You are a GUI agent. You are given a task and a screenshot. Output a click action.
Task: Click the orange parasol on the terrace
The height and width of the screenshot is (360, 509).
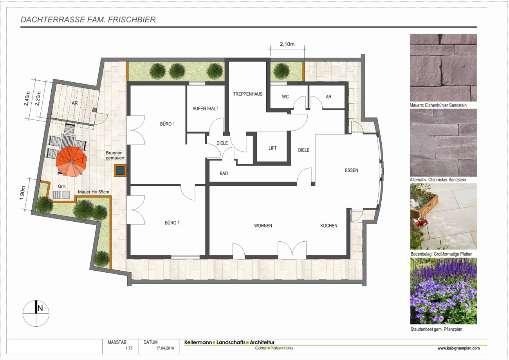tap(72, 162)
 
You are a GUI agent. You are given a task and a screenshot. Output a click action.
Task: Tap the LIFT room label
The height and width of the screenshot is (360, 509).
tap(273, 148)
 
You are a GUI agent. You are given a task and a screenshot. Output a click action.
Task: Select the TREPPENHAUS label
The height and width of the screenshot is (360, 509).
tap(248, 94)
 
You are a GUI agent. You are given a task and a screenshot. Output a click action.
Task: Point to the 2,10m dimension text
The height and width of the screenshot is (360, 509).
tap(287, 44)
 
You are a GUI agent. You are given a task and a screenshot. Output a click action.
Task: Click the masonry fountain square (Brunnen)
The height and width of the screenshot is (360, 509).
tap(120, 170)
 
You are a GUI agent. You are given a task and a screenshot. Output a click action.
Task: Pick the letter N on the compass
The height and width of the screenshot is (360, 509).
tap(40, 308)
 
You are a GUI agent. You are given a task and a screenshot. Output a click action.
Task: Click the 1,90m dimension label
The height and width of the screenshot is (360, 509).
tap(22, 193)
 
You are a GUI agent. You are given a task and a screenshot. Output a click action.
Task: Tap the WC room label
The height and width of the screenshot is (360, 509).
tap(285, 97)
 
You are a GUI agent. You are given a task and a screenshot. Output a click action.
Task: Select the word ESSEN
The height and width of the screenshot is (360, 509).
tap(351, 170)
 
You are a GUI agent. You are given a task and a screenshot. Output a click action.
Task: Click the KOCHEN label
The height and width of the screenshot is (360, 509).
tap(329, 226)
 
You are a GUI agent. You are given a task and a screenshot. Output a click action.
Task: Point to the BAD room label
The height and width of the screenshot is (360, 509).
tap(224, 174)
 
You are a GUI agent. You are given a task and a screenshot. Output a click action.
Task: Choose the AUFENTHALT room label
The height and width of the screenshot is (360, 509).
tap(205, 109)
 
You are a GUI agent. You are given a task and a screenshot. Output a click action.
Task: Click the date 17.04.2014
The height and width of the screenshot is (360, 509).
tap(165, 348)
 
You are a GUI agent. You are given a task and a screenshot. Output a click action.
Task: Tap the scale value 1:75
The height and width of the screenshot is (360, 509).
tap(129, 348)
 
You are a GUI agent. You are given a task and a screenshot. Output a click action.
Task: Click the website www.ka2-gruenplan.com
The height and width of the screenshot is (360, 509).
tap(458, 348)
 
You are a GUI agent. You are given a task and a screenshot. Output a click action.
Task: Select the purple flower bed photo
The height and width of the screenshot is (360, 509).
tap(443, 291)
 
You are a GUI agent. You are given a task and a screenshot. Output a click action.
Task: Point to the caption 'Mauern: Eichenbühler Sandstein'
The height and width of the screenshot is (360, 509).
tap(438, 105)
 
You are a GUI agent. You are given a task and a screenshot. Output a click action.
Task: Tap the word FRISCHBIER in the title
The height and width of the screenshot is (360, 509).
tap(132, 20)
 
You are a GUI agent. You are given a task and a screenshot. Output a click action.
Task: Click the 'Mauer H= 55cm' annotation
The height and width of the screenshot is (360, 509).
tap(94, 192)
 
